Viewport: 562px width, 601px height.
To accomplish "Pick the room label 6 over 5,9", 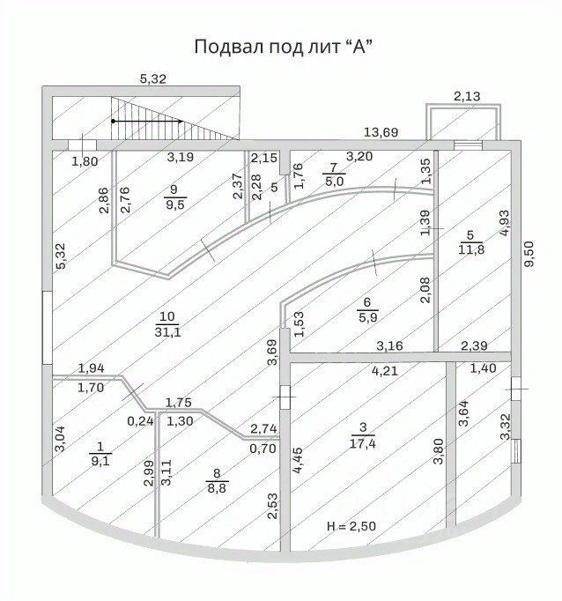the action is (366, 310).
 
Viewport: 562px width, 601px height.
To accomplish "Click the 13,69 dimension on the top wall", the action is (381, 132).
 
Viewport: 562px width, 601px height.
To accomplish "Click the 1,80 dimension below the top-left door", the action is (85, 160).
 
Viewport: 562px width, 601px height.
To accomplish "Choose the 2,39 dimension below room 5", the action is (455, 345).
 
